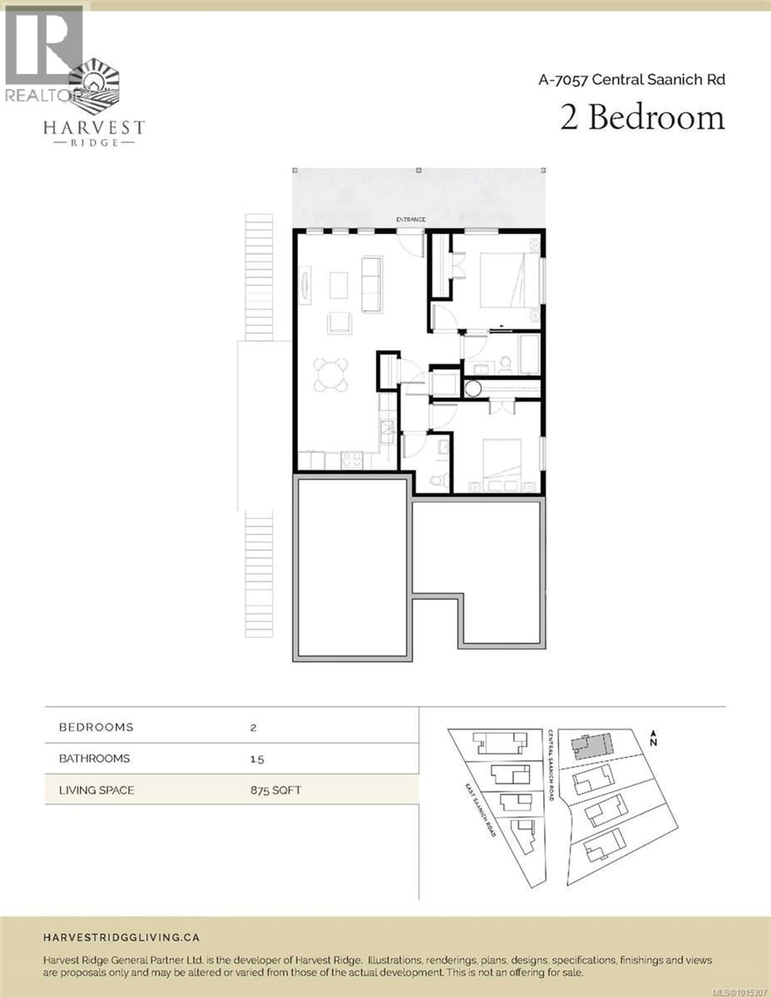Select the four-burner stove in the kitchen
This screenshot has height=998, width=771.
(x=351, y=459)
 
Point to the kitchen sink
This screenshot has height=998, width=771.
(x=387, y=431)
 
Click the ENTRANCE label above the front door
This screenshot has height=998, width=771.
(x=410, y=220)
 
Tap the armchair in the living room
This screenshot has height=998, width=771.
(x=339, y=323)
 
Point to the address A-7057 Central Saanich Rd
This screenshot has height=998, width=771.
(x=632, y=80)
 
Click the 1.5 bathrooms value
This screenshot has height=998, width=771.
(x=257, y=759)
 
